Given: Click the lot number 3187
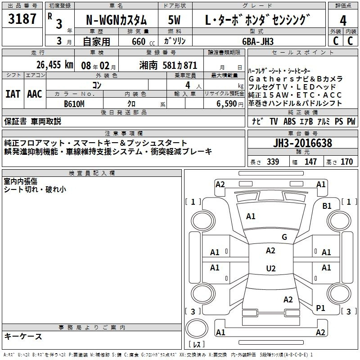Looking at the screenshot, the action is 22,19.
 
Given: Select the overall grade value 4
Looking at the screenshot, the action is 343,21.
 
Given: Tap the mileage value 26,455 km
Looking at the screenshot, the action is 55,65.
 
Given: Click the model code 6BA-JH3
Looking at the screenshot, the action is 258,41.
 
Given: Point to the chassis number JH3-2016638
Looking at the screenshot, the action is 302,143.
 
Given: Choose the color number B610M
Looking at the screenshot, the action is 74,104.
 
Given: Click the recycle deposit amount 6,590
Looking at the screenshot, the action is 227,104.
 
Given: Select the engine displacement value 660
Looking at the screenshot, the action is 139,41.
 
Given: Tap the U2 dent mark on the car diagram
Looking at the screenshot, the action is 271,268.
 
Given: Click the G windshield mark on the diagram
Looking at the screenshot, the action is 284,237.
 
